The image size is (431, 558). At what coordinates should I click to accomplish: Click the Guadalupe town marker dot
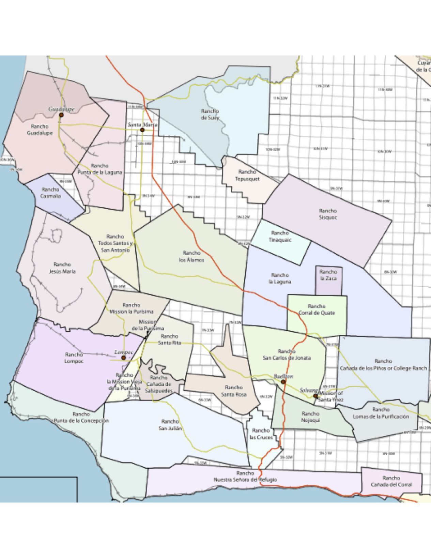pos(61,115)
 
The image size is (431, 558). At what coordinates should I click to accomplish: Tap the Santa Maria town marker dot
pos(142,130)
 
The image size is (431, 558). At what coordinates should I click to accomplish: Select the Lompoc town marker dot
pos(123,358)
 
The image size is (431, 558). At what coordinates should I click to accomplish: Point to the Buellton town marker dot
pos(283,382)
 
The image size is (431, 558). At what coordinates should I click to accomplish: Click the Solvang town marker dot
pos(315,396)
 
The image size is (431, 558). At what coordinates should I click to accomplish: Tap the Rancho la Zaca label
pos(328,275)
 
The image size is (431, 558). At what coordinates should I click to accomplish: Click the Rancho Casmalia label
pos(50,193)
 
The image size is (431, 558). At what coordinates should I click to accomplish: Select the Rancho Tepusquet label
pos(247,175)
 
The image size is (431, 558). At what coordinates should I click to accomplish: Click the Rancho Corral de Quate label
pos(317,310)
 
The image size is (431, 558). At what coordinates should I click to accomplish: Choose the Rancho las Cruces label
pos(261,434)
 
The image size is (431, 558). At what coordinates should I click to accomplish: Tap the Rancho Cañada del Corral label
pos(391,481)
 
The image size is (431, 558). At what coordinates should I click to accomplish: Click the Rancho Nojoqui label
pos(310,417)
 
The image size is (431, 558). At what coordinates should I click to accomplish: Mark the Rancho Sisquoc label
pos(328,214)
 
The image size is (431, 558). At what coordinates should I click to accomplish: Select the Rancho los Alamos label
pos(191,256)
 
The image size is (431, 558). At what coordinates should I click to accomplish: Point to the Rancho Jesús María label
pos(62,268)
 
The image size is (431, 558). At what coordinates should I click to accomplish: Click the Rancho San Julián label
pos(170,425)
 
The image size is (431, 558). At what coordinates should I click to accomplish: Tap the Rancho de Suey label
pos(210,115)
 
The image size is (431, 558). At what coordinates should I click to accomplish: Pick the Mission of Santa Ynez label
pos(331,396)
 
